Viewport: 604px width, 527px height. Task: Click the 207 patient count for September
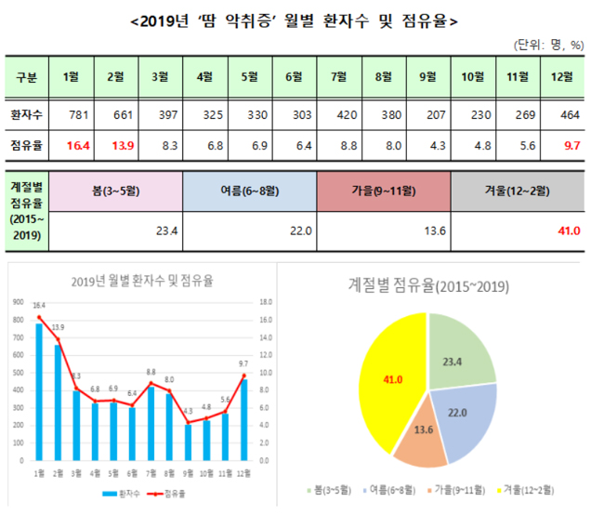tap(429, 115)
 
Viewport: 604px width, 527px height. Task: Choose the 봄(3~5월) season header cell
tap(115, 191)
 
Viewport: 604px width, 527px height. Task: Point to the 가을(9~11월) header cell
tap(383, 191)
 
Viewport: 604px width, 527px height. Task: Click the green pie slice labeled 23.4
tap(457, 350)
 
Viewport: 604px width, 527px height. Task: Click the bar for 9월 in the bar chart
tap(189, 441)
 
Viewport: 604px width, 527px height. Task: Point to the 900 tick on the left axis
tap(18, 302)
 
